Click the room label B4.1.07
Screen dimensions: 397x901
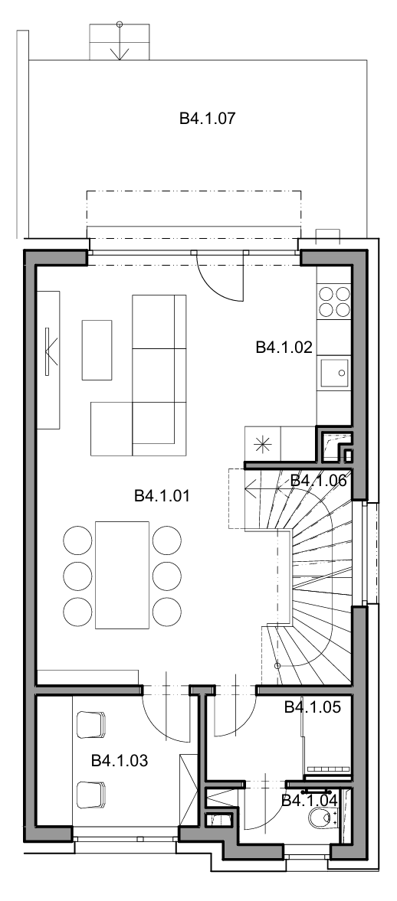[x=208, y=119]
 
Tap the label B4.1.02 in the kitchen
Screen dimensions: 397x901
[x=284, y=347]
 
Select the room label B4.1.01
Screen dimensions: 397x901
[x=162, y=495]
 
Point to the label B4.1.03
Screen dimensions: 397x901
[x=120, y=761]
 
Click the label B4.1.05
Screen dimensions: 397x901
[x=313, y=707]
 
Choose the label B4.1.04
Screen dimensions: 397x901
[x=310, y=800]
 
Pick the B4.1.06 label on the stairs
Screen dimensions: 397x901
[x=318, y=481]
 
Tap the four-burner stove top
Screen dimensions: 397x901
[x=333, y=302]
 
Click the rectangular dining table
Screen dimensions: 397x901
[x=122, y=575]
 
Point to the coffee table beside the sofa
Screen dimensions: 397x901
[x=97, y=350]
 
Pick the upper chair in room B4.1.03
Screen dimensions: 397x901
[x=91, y=725]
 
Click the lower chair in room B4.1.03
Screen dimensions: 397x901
[x=91, y=794]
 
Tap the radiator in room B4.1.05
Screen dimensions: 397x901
[x=329, y=769]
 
